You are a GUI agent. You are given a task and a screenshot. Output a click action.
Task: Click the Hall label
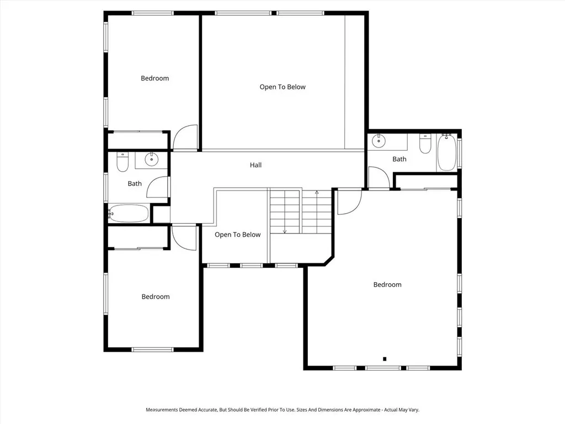(x=255, y=165)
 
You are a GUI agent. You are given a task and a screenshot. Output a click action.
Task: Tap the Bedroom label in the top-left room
(x=154, y=78)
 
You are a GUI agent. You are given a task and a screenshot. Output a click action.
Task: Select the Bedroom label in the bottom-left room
(x=155, y=297)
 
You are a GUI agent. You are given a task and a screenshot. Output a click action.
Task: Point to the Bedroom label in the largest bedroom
(x=387, y=285)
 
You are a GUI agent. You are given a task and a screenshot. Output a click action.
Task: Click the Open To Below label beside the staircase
(x=237, y=235)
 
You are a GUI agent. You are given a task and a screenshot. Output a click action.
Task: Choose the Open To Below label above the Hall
(x=282, y=87)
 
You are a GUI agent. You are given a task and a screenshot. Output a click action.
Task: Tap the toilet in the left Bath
(x=122, y=162)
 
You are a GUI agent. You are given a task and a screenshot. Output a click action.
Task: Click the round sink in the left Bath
(x=151, y=160)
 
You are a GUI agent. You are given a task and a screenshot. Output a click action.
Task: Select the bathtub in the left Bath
(x=129, y=213)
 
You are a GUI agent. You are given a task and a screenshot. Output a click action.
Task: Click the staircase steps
(x=300, y=211)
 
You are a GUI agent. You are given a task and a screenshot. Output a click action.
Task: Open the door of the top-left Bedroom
(x=185, y=138)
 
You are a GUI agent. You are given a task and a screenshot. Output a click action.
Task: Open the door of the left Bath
(x=159, y=188)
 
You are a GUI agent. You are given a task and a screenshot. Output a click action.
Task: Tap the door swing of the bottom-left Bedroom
(x=184, y=237)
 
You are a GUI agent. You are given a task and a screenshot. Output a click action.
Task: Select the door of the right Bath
(x=379, y=178)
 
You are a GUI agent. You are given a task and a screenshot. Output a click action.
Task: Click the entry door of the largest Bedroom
(x=349, y=202)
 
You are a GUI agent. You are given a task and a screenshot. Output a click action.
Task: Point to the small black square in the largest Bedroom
(x=385, y=358)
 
